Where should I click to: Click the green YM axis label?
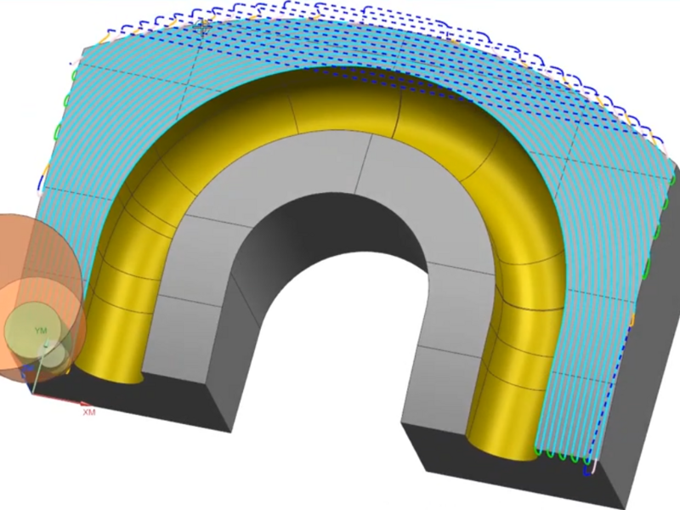(40, 331)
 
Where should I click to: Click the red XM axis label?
(89, 411)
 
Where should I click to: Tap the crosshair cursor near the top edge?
(202, 28)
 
